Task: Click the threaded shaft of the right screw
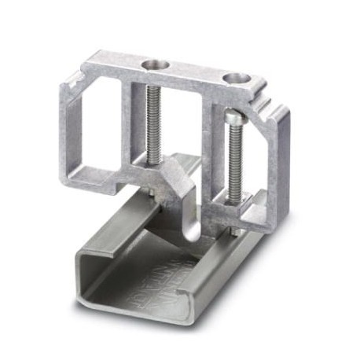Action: (x=234, y=161)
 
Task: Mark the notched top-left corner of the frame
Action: (x=75, y=78)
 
